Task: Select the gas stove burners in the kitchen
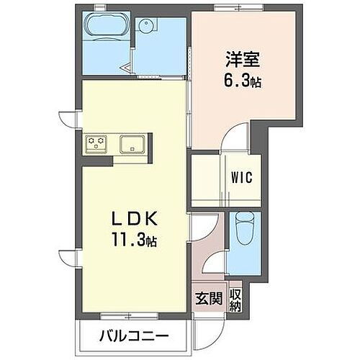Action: pyautogui.click(x=96, y=143)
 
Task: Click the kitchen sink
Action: pyautogui.click(x=133, y=143)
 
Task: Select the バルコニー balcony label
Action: pyautogui.click(x=133, y=336)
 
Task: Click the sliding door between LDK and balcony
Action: pyautogui.click(x=133, y=315)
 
